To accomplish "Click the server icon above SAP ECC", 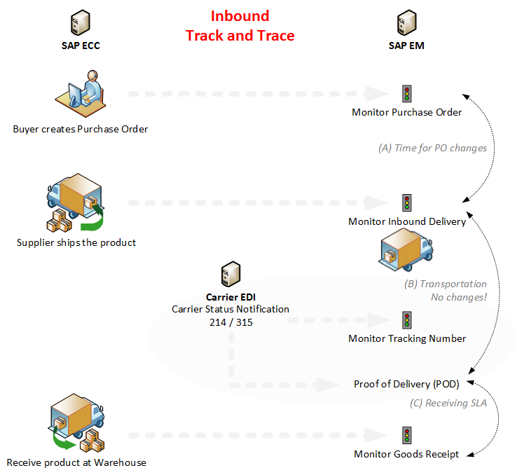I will pos(80,23).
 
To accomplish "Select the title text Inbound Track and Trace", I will pos(240,26).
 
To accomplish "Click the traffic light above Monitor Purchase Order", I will pos(406,94).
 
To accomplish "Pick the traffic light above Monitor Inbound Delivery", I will pos(406,203).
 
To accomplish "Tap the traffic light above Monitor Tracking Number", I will pos(406,320).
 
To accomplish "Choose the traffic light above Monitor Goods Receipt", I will pos(406,436).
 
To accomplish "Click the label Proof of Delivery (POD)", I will pos(406,384).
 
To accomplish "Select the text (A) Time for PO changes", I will pos(432,148).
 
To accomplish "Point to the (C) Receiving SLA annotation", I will pos(448,403).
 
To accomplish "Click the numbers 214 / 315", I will pos(230,322).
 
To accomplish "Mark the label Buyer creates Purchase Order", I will pos(81,129).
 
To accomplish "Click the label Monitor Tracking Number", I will pos(406,338).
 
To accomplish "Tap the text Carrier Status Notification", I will pos(230,309).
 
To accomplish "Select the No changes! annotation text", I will pos(459,297).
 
